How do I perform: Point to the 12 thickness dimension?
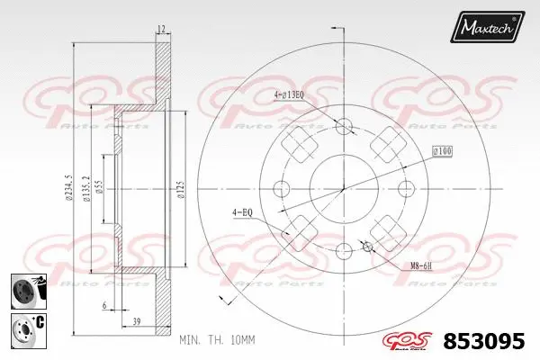pos(161,30)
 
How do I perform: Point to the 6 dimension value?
pos(104,306)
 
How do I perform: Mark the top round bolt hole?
pos(342,124)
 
